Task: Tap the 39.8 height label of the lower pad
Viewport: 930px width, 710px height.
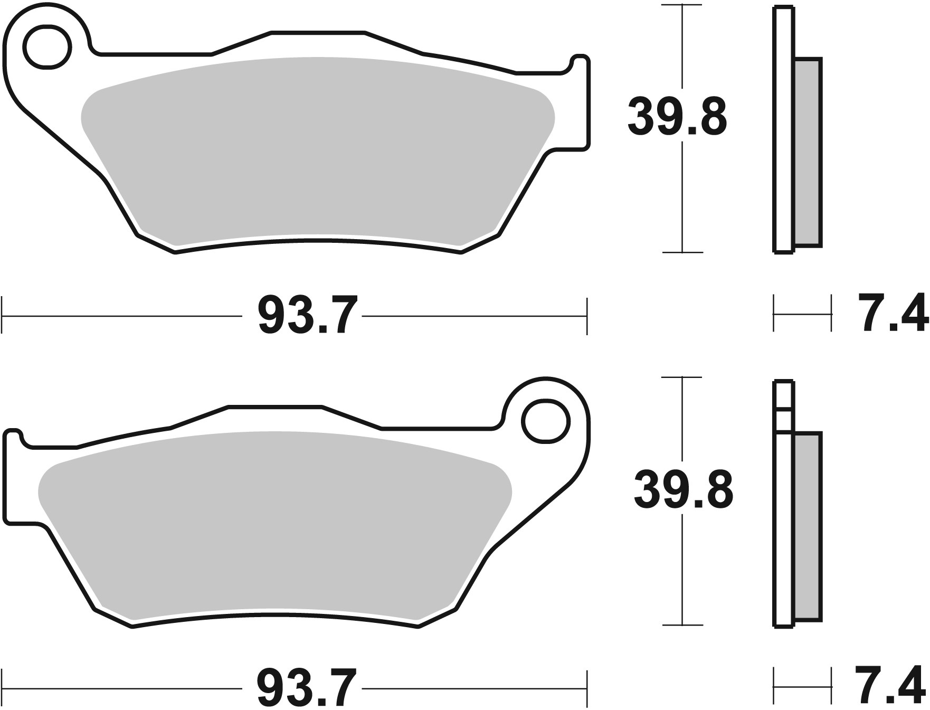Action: (x=683, y=491)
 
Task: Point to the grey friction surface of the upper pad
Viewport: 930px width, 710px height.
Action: (x=317, y=153)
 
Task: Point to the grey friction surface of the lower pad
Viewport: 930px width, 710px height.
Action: (x=274, y=528)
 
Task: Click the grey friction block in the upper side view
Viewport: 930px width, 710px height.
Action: (x=808, y=153)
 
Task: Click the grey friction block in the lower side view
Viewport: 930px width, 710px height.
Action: (x=808, y=528)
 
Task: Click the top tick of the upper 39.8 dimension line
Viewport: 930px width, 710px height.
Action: (x=683, y=5)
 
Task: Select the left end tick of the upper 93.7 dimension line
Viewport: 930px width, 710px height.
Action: (x=3, y=316)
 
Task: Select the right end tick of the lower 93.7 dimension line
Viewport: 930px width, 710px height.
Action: (x=586, y=688)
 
